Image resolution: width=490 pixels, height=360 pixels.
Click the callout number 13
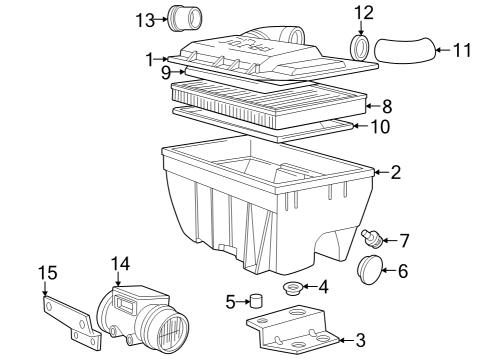coord(144,19)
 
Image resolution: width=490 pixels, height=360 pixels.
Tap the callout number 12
coord(363,13)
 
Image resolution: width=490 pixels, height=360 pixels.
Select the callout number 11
coord(461,49)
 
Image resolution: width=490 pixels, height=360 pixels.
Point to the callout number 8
coord(387,104)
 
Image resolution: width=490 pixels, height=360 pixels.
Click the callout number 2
coord(395,172)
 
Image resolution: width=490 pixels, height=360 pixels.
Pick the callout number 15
coord(47,273)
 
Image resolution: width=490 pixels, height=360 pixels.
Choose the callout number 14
coord(120,264)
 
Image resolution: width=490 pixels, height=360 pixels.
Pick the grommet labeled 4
coord(294,290)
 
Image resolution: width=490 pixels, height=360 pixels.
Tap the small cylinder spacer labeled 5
coord(256,301)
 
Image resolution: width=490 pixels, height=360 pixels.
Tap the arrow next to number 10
coord(346,126)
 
